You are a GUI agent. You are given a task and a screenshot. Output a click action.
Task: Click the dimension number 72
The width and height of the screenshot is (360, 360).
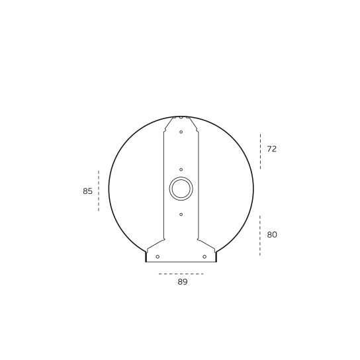(271, 149)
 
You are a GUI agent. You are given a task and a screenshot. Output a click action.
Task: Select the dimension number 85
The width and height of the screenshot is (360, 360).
(87, 191)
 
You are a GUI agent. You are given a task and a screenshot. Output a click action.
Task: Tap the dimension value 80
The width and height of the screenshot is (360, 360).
(272, 235)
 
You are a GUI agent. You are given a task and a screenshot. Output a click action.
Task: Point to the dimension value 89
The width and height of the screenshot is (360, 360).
(183, 282)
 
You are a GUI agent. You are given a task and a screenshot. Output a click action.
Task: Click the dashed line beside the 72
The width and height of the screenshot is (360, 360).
(260, 152)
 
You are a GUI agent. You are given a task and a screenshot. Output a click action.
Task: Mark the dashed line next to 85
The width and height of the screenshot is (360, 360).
(99, 191)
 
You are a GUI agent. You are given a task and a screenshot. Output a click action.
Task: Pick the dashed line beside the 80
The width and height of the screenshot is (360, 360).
(260, 236)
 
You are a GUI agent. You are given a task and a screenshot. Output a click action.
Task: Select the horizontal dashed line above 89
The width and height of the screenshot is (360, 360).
(181, 274)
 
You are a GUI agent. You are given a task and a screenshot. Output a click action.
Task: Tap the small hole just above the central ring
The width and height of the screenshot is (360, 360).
(181, 169)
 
